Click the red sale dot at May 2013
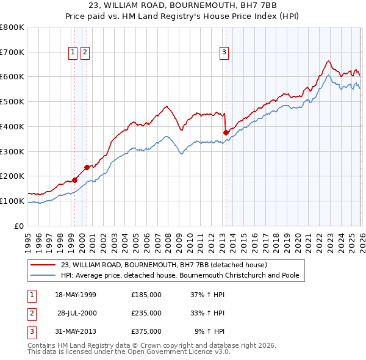pos(226,132)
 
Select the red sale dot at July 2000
pos(87,167)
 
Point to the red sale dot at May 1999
pos(74,179)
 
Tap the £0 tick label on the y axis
pos(20,226)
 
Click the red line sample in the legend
pos(45,265)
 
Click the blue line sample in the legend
pos(45,275)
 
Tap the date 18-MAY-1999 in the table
pos(76,295)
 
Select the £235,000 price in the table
pos(146,313)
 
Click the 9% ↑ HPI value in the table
pos(209,331)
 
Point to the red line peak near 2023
pos(328,61)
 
